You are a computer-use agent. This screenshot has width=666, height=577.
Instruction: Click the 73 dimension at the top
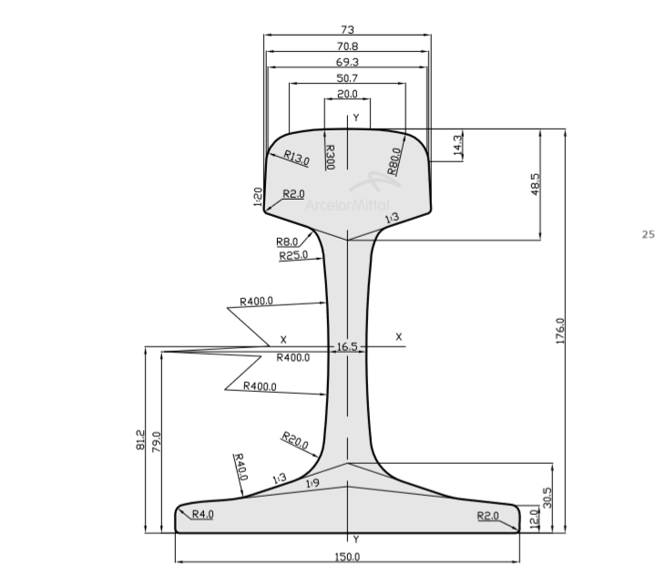[347, 30]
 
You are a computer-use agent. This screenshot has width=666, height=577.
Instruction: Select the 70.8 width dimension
[347, 46]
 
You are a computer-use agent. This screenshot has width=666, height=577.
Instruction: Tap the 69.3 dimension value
[347, 62]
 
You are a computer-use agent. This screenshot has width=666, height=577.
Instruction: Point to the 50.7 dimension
[347, 78]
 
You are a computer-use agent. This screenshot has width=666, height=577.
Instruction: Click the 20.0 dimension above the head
[347, 94]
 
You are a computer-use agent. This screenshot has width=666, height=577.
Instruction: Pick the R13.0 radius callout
[296, 158]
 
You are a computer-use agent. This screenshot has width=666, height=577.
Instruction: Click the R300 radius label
[330, 157]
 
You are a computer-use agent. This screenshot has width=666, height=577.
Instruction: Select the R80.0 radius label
[394, 161]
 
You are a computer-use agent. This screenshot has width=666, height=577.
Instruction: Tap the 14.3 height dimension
[457, 145]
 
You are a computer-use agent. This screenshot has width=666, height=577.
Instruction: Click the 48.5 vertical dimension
[535, 184]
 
